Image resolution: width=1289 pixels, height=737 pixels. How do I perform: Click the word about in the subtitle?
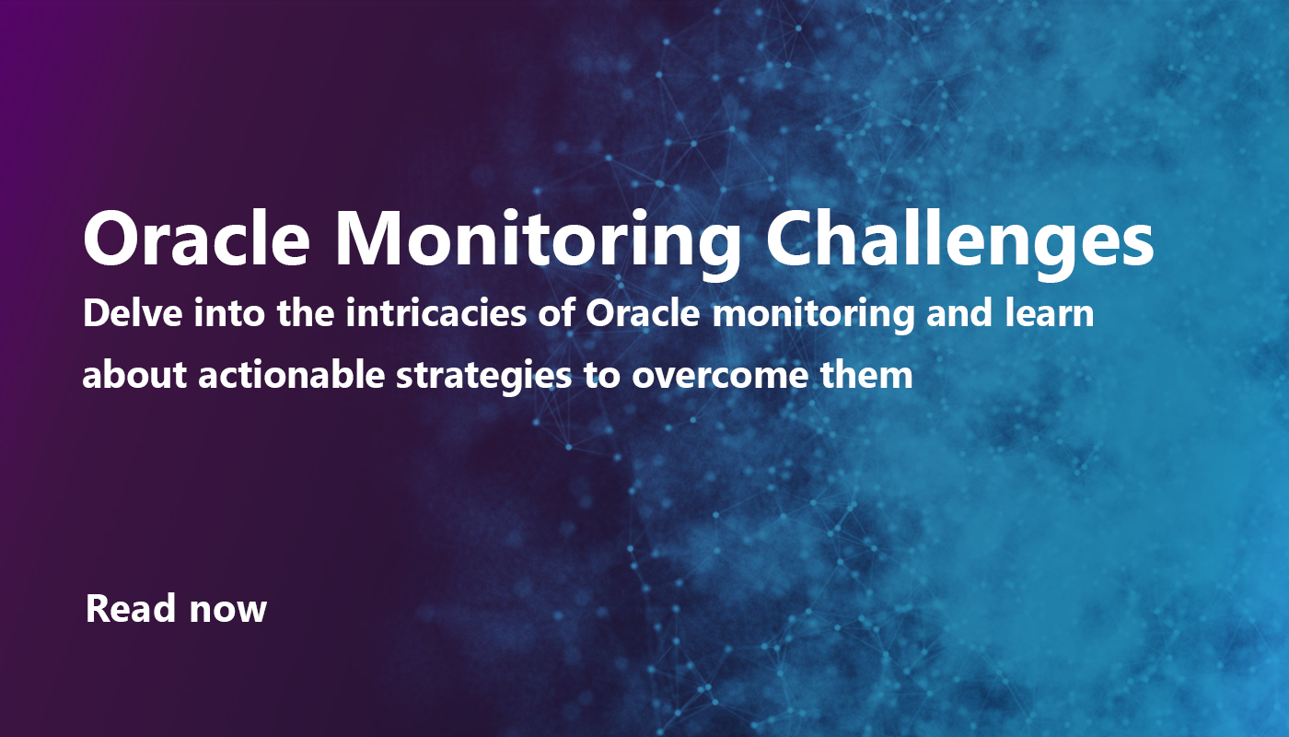(126, 376)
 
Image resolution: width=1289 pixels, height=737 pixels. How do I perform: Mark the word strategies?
(455, 376)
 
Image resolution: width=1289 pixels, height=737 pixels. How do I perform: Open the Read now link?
(176, 609)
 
